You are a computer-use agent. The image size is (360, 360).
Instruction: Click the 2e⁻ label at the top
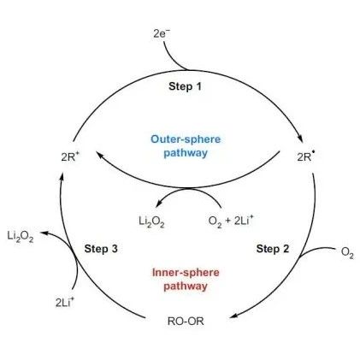[x=162, y=33]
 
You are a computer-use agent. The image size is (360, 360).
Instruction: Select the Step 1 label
[x=185, y=86]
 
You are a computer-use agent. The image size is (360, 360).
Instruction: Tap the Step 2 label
[x=273, y=249]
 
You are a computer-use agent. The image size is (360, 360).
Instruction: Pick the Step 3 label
[x=101, y=249]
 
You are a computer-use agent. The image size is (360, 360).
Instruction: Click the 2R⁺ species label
[x=68, y=156]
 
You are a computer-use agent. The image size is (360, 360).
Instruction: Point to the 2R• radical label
[x=306, y=156]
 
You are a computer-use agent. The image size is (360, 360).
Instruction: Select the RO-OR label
[x=186, y=322]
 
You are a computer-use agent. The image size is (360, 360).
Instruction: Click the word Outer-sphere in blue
[x=186, y=139]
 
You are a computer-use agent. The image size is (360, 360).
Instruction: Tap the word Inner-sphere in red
[x=186, y=272]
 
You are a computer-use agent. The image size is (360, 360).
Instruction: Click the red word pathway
[x=186, y=286]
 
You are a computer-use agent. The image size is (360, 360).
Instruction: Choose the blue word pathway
[x=186, y=153]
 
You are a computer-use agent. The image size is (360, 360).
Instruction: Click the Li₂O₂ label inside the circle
[x=151, y=221]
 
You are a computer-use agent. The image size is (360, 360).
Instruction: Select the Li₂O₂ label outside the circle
[x=21, y=237]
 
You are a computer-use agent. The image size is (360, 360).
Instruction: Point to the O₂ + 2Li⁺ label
[x=231, y=221]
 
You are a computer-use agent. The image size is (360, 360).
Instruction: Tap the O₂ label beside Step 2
[x=347, y=252]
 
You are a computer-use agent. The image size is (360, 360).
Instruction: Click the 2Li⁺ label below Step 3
[x=65, y=302]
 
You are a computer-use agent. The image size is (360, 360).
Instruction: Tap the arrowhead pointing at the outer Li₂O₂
[x=44, y=233]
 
